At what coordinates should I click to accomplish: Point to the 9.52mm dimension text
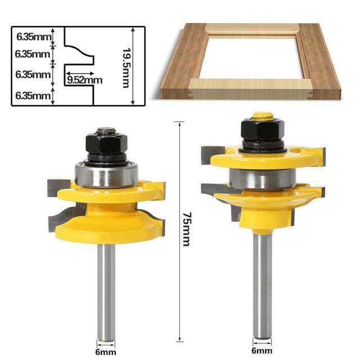[x=84, y=80]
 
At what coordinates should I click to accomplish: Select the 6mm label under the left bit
[x=105, y=352]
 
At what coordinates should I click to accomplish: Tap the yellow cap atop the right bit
[x=263, y=116]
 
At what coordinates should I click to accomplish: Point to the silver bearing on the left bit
[x=106, y=174]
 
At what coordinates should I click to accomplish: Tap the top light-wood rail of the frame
[x=251, y=28]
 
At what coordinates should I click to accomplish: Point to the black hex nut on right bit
[x=263, y=131]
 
